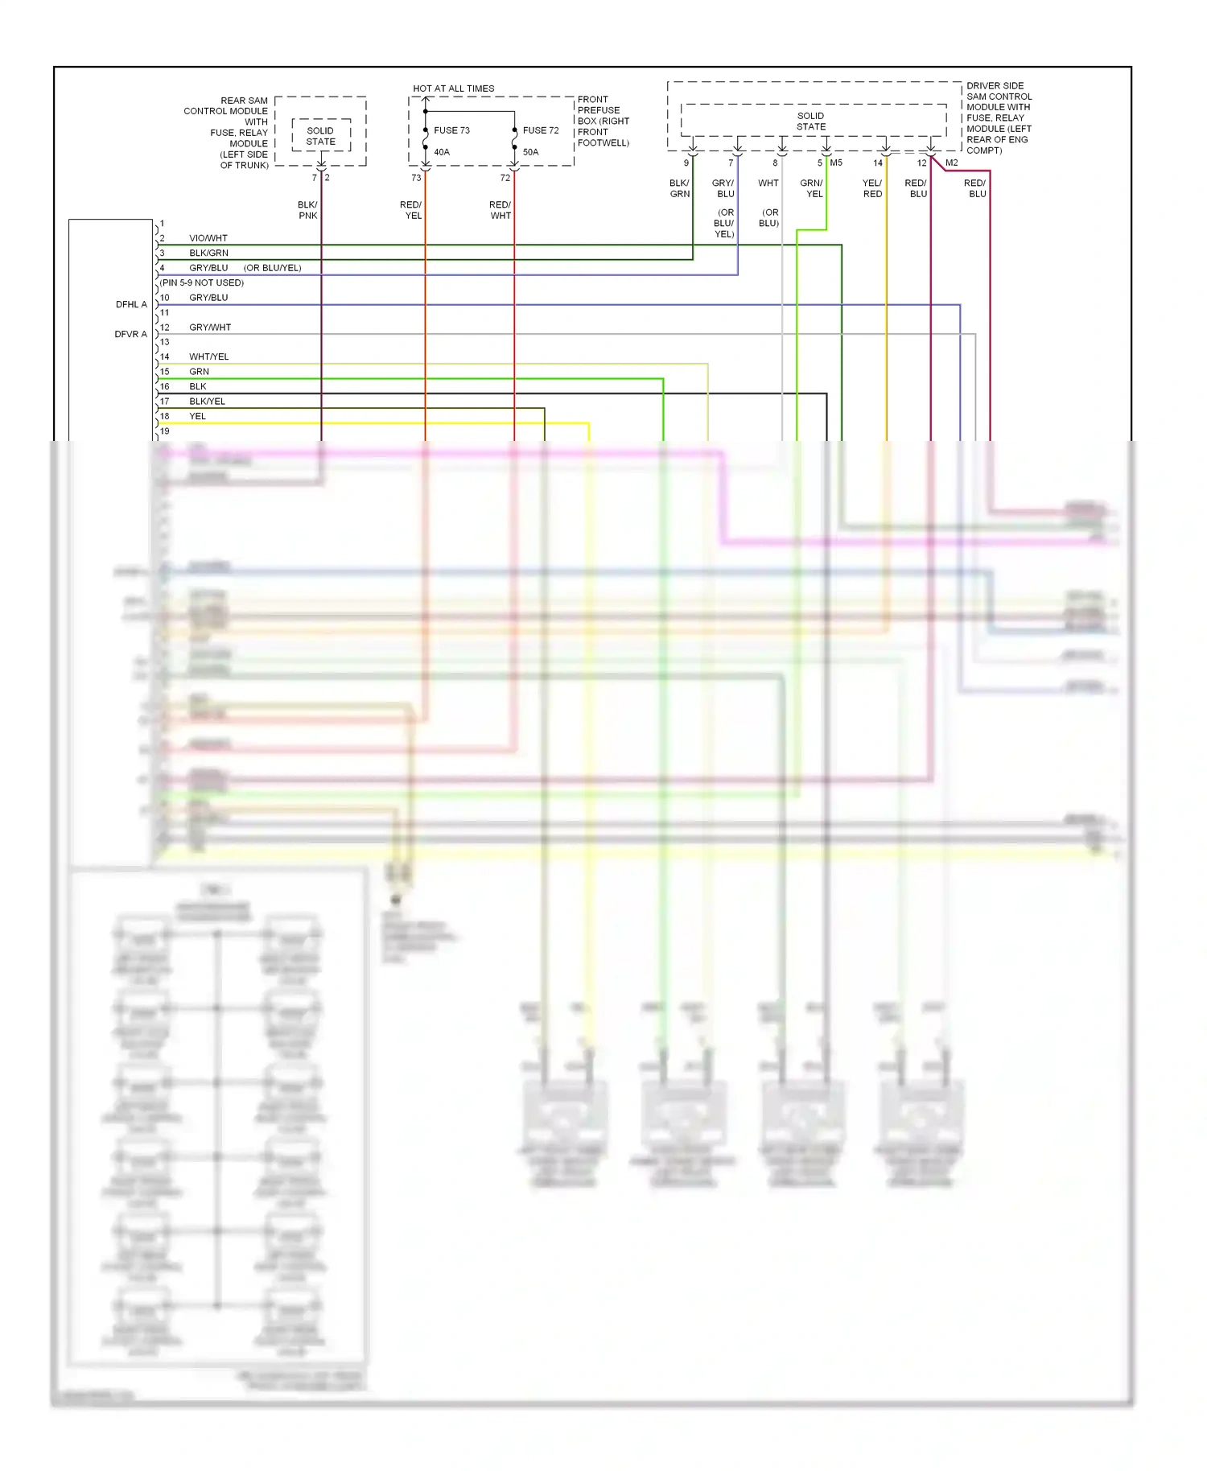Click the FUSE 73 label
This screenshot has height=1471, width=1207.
451,130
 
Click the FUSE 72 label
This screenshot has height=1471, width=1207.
541,130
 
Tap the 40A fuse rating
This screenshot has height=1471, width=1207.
442,152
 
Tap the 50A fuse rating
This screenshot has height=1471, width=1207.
530,152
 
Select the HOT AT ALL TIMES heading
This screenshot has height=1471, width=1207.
453,89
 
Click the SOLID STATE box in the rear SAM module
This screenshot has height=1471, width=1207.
320,136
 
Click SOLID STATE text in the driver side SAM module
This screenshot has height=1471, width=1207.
810,122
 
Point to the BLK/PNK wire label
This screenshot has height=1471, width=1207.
307,210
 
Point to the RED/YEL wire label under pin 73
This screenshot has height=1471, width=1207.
410,210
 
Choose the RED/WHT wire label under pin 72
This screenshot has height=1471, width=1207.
500,210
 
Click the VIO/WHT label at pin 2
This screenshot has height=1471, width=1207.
208,238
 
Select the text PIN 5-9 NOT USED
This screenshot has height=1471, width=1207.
202,283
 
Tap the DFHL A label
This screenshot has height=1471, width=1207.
131,304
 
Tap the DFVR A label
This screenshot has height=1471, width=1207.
130,334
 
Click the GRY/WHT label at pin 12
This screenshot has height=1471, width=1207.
210,328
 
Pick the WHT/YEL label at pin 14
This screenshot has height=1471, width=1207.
208,357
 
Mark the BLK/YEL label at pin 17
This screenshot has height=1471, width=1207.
207,402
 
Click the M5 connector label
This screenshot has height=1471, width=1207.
836,163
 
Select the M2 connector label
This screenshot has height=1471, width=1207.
951,163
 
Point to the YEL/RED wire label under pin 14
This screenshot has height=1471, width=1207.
872,188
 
